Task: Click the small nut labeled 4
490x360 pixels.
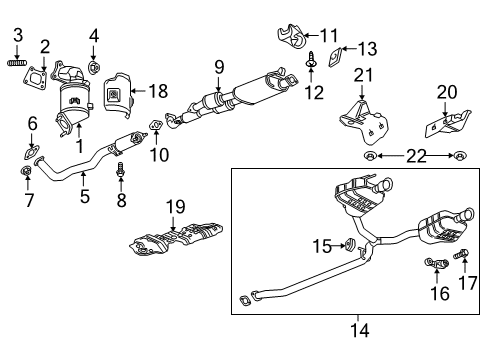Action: (93, 68)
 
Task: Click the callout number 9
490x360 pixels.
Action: (217, 69)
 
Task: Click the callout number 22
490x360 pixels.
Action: (415, 155)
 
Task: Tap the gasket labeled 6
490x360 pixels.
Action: (30, 153)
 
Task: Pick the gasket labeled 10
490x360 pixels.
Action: (155, 125)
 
